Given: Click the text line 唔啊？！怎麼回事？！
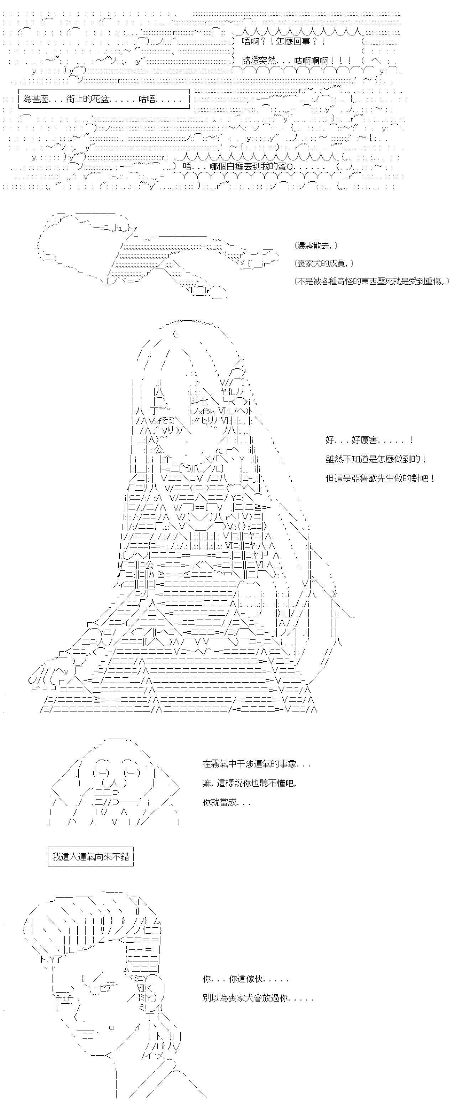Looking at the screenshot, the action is click(x=283, y=42).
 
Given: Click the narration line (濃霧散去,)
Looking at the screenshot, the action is click(x=316, y=245).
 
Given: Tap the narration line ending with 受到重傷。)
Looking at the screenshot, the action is click(x=372, y=281).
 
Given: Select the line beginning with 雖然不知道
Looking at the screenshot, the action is click(x=376, y=459).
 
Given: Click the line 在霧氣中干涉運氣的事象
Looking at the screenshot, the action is click(x=256, y=764).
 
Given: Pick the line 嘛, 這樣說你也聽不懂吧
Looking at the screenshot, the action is click(x=249, y=783).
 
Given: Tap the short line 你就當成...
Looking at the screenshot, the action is click(x=227, y=802).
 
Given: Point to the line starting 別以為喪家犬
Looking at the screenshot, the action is click(x=258, y=998).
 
